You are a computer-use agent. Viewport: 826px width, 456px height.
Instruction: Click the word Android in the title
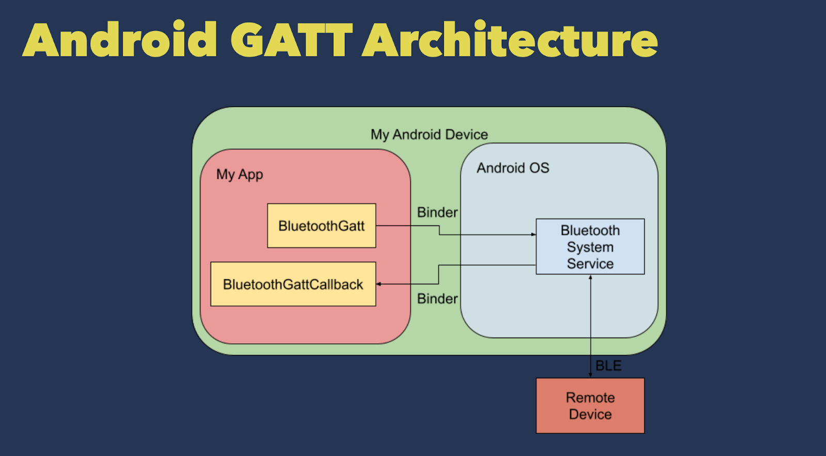tap(120, 40)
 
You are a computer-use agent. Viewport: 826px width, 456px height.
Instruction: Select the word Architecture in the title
tap(510, 40)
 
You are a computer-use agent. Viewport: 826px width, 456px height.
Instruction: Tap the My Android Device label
tap(429, 134)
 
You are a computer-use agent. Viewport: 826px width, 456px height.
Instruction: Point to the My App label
tap(240, 175)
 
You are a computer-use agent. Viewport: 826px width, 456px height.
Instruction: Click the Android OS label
tap(513, 168)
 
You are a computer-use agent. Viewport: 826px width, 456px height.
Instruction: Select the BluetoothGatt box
tap(321, 226)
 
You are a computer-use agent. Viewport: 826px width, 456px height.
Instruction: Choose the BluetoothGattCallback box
tap(293, 284)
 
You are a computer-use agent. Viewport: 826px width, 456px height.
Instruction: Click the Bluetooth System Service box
tap(590, 247)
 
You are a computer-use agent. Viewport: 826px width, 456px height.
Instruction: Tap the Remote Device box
tap(590, 406)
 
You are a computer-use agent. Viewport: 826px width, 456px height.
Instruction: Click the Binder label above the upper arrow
tap(437, 212)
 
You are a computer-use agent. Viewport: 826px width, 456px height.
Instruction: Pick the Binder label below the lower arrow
tap(437, 299)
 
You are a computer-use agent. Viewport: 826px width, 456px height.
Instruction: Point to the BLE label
tap(608, 366)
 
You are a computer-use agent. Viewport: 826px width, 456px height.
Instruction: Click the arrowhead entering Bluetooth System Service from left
tap(534, 235)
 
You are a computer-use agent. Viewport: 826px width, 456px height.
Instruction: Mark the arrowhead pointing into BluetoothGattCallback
tap(378, 284)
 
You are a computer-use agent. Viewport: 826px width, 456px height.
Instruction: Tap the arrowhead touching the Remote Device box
tap(591, 375)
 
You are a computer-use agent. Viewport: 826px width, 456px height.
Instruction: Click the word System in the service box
tap(590, 247)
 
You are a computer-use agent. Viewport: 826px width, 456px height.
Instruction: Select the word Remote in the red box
tap(590, 398)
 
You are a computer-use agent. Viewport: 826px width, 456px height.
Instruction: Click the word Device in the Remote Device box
tap(590, 415)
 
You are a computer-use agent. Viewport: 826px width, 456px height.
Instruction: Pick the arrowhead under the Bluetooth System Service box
tap(591, 277)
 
